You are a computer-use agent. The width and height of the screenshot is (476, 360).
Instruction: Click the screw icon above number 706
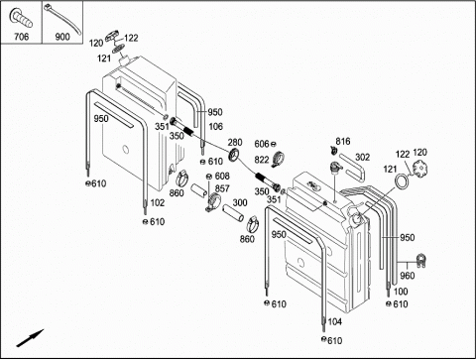(x=21, y=18)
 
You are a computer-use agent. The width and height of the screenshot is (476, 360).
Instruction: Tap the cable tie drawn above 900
(x=62, y=18)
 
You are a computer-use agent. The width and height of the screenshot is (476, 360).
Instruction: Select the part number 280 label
(x=235, y=143)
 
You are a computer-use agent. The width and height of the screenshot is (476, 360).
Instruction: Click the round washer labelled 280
(x=235, y=155)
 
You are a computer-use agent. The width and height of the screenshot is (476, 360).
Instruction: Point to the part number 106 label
(x=215, y=126)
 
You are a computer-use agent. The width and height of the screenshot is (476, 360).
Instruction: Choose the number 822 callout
(x=262, y=160)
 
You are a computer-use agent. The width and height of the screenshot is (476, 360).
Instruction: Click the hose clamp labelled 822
(x=279, y=159)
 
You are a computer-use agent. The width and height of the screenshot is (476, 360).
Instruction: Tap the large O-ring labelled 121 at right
(x=402, y=181)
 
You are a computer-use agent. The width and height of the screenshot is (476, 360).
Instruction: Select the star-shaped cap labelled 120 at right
(x=419, y=169)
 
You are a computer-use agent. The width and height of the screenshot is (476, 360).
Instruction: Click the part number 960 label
(x=407, y=276)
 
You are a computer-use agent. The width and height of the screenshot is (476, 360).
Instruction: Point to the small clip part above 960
(x=420, y=260)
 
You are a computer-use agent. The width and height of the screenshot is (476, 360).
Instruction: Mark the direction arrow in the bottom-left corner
(x=30, y=338)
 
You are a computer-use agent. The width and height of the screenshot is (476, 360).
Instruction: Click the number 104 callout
(x=334, y=321)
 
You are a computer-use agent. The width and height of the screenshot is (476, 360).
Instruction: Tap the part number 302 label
(x=362, y=157)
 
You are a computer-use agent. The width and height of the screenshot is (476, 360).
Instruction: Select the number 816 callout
(x=343, y=142)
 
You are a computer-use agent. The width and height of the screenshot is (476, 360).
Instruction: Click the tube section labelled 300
(x=233, y=213)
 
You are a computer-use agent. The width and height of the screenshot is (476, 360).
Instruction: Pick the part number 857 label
(x=222, y=188)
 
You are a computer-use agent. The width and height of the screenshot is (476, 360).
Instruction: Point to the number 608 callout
(x=222, y=176)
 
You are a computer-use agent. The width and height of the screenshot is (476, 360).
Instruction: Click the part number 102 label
(x=157, y=202)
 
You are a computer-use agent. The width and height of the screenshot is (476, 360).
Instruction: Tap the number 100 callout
(x=401, y=292)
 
